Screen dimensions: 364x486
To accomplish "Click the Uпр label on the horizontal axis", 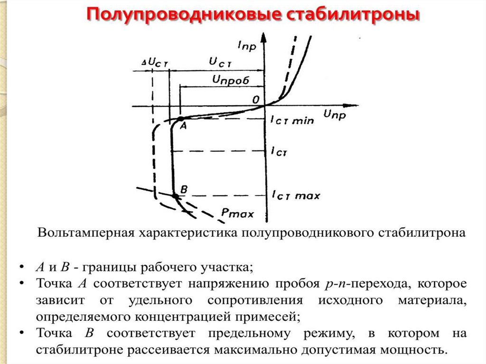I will (335, 114).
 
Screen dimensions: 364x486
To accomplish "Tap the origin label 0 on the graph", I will (256, 100).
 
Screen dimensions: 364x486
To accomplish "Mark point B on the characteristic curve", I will (175, 195).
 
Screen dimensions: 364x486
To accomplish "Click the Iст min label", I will (292, 121).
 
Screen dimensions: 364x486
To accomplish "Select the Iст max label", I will (296, 195).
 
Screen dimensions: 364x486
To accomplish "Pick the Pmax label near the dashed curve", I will (238, 213).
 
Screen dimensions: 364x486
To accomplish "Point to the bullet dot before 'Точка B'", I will (23, 334).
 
